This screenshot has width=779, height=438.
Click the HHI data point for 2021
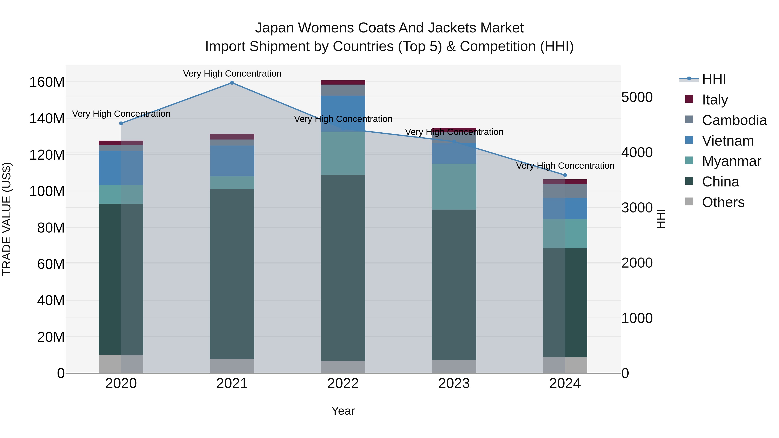(x=232, y=83)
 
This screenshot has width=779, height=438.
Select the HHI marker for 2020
(x=121, y=123)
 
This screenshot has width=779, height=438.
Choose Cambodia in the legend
(x=734, y=120)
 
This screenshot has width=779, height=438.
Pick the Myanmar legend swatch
(x=689, y=161)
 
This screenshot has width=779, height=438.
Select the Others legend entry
(x=723, y=202)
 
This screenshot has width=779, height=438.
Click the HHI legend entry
(x=714, y=79)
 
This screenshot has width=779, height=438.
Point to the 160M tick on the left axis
(x=47, y=82)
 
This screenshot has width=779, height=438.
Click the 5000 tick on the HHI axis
(x=637, y=97)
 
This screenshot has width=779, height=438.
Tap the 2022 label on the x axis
(x=343, y=383)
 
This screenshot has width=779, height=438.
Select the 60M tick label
(x=51, y=264)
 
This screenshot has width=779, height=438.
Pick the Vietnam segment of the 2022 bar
(x=343, y=113)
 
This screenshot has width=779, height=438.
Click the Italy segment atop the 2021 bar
(x=232, y=137)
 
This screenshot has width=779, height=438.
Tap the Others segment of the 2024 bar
(x=565, y=365)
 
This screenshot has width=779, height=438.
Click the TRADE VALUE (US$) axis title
(x=7, y=219)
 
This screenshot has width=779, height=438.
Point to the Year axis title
(x=343, y=411)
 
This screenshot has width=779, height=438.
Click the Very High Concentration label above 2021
(x=232, y=74)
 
